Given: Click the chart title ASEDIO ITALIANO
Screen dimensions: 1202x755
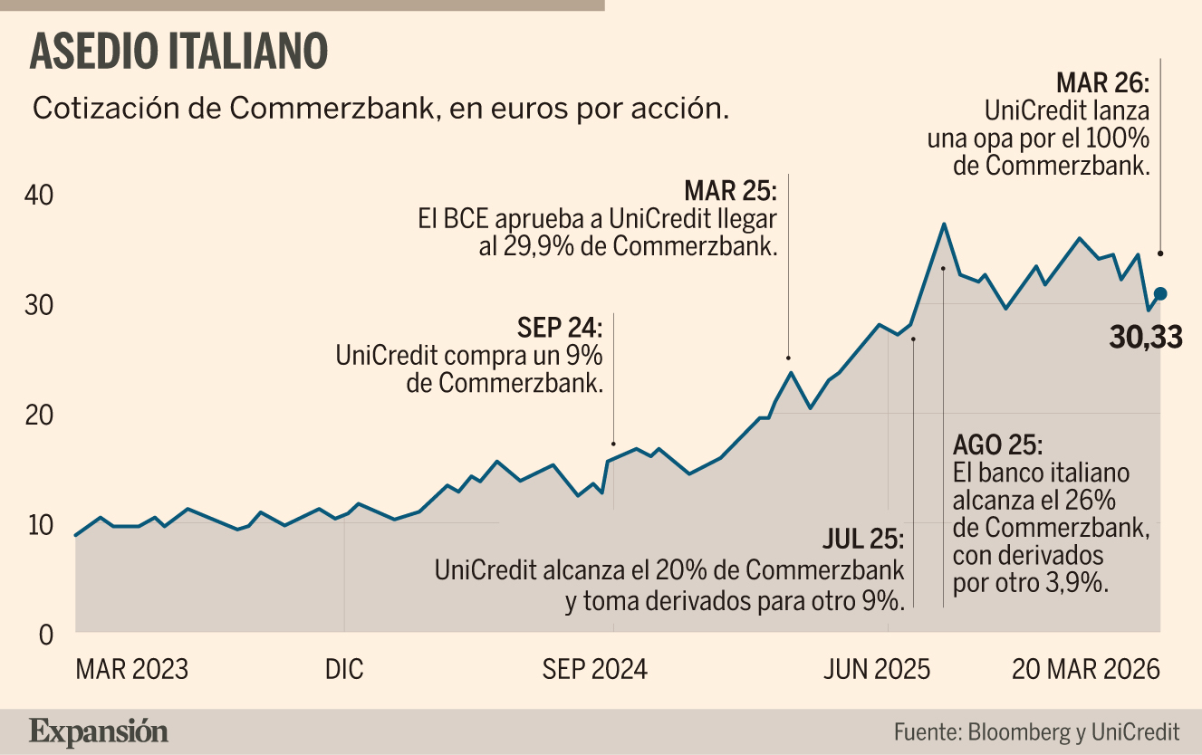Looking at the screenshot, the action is pos(178,51).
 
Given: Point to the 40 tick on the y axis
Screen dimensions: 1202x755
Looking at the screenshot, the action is pos(39,196).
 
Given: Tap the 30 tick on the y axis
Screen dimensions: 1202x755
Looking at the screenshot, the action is pos(39,305).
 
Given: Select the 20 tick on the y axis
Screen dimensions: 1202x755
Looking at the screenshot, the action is pos(39,415).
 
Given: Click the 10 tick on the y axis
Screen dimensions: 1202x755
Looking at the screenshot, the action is pos(40,525).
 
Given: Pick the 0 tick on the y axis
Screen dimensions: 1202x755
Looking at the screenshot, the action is pos(46,635).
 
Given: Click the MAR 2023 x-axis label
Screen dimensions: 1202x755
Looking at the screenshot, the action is pos(132,669).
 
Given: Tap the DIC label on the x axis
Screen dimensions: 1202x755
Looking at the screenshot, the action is pos(344,669).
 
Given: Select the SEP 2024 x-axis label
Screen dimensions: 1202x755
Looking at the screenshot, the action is pos(595,669).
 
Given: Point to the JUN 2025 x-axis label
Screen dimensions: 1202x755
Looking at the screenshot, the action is pos(877,669).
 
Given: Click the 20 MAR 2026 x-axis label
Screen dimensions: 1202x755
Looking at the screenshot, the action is pos(1086,669).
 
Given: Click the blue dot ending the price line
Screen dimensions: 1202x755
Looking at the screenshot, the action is pos(1160,293).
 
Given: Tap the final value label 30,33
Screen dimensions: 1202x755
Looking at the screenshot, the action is pos(1146,338).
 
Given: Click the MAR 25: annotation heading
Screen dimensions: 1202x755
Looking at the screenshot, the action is pos(730,190).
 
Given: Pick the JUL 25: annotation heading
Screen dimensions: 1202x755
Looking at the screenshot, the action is pos(863,539).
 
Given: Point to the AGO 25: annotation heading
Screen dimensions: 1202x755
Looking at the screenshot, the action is pos(998,444).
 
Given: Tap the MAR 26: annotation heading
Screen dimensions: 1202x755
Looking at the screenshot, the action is pos(1103,82).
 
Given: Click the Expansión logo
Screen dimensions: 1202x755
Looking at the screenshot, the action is pos(99,732).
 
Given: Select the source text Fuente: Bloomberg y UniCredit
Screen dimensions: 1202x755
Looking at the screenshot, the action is pos(1037,732).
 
